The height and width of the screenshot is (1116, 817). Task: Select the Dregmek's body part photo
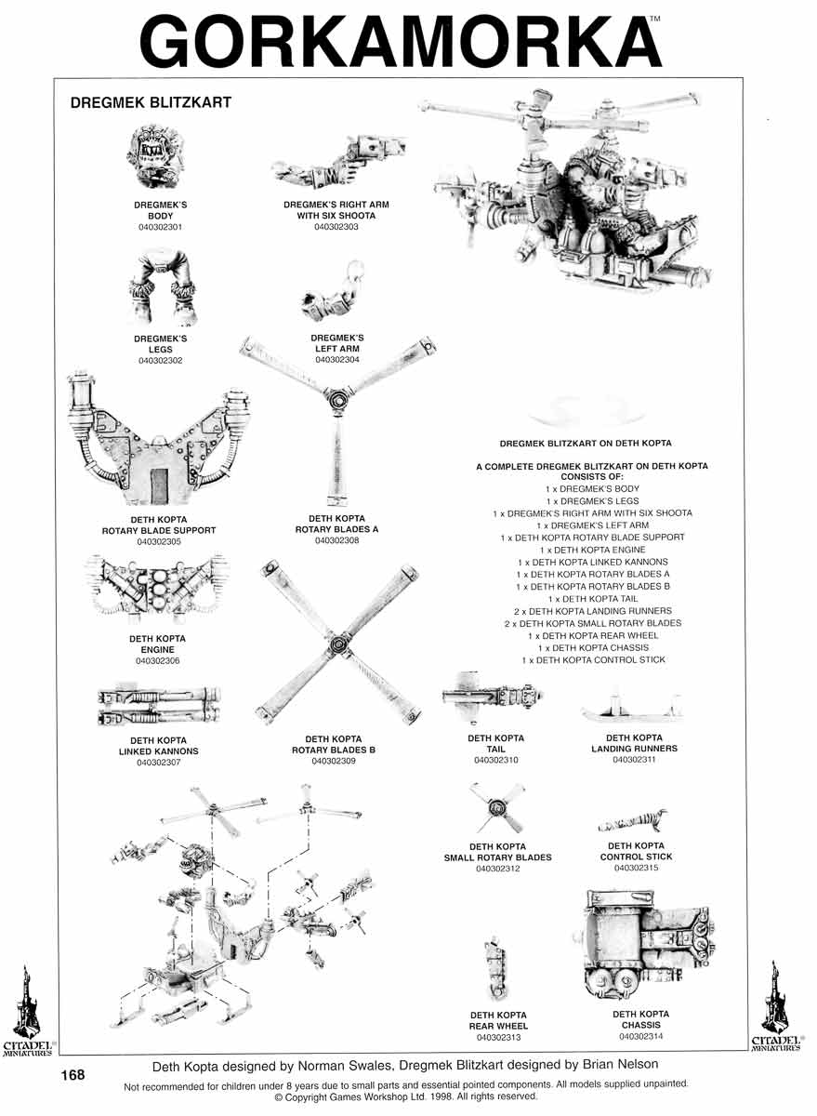(154, 160)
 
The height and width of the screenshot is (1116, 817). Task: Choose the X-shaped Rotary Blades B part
(335, 642)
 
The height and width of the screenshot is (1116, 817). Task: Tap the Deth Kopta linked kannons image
(158, 707)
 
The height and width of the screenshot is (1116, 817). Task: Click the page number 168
(72, 1075)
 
